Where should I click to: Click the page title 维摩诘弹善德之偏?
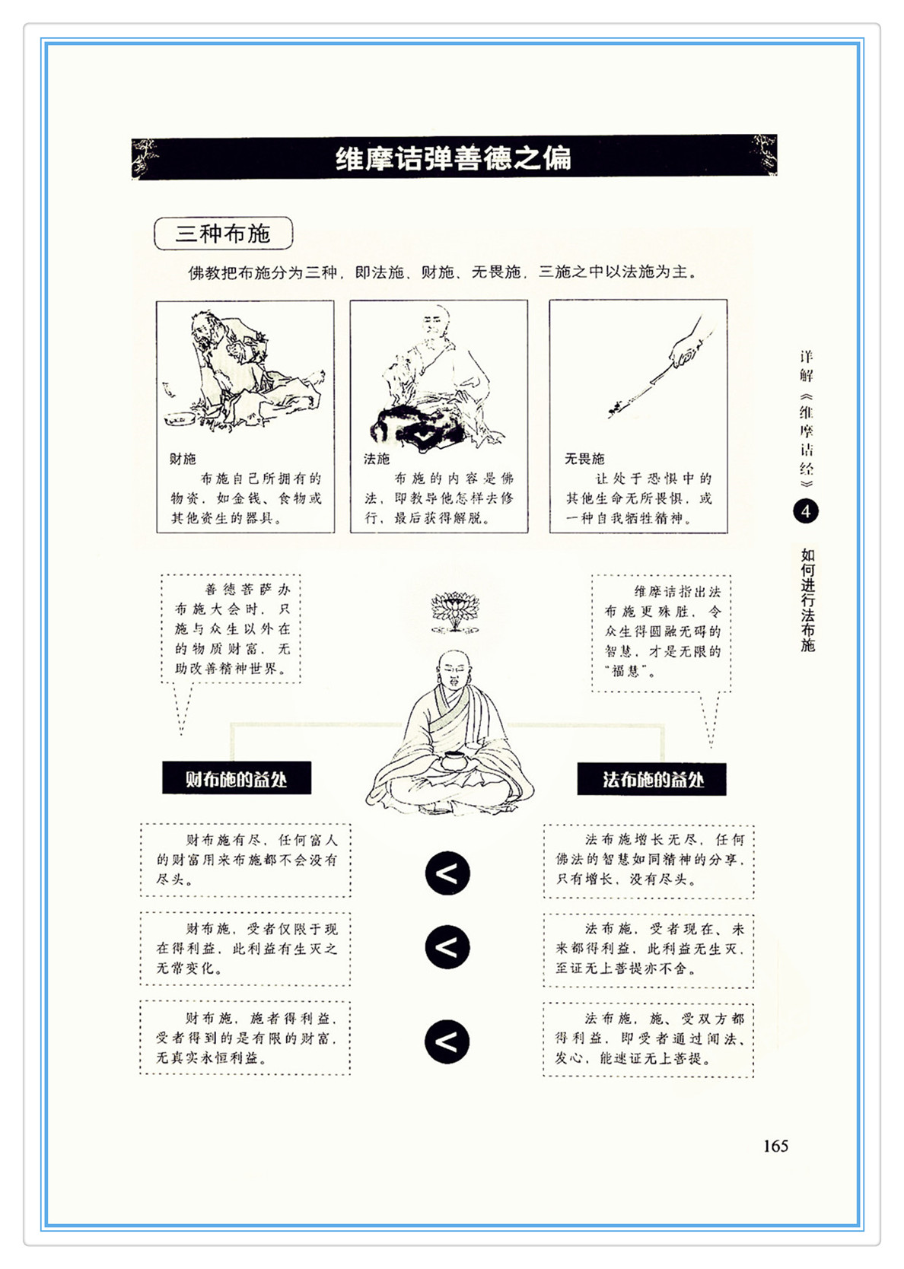tap(453, 158)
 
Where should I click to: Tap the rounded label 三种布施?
tap(223, 234)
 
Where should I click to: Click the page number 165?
tap(775, 1146)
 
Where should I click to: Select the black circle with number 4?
tap(805, 511)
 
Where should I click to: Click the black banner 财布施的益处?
tap(237, 778)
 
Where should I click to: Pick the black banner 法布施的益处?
tap(652, 779)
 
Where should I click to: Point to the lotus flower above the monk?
tap(454, 611)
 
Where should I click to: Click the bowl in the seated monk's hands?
tap(452, 760)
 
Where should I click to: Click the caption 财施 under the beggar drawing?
tap(183, 459)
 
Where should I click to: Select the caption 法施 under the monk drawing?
tap(377, 459)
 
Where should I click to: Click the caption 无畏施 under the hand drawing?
tap(584, 459)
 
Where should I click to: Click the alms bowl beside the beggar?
tap(180, 419)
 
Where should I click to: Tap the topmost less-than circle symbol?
tap(447, 873)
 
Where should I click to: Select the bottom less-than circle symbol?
tap(447, 1042)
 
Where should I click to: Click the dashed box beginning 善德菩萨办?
tap(230, 629)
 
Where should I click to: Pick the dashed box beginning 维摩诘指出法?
tap(661, 634)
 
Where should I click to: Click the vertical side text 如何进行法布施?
tap(807, 600)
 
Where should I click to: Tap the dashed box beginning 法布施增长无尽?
tap(649, 862)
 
